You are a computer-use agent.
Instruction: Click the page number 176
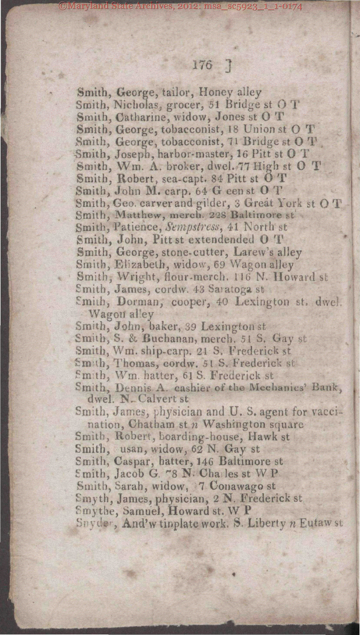pyautogui.click(x=202, y=65)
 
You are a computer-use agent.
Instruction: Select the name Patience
pyautogui.click(x=136, y=226)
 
